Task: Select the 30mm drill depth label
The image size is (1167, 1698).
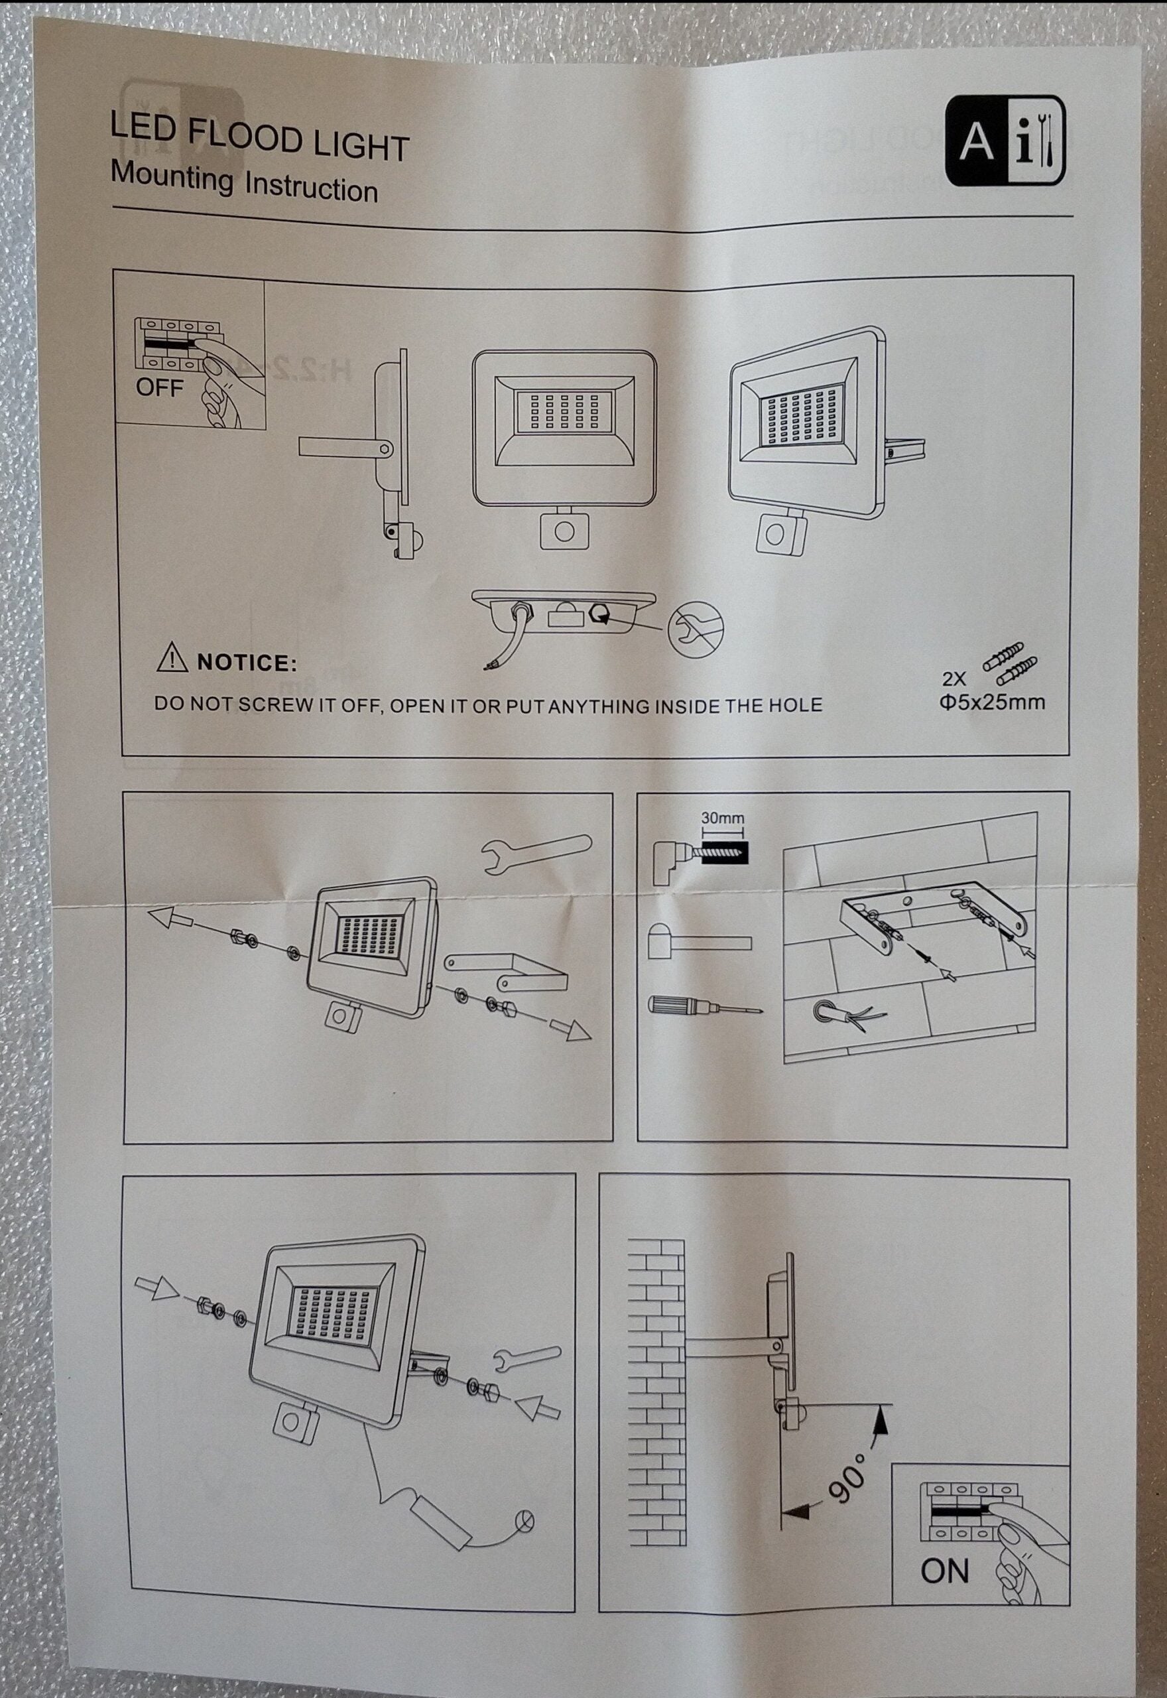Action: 721,818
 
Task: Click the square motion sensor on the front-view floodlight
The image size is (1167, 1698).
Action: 564,529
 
